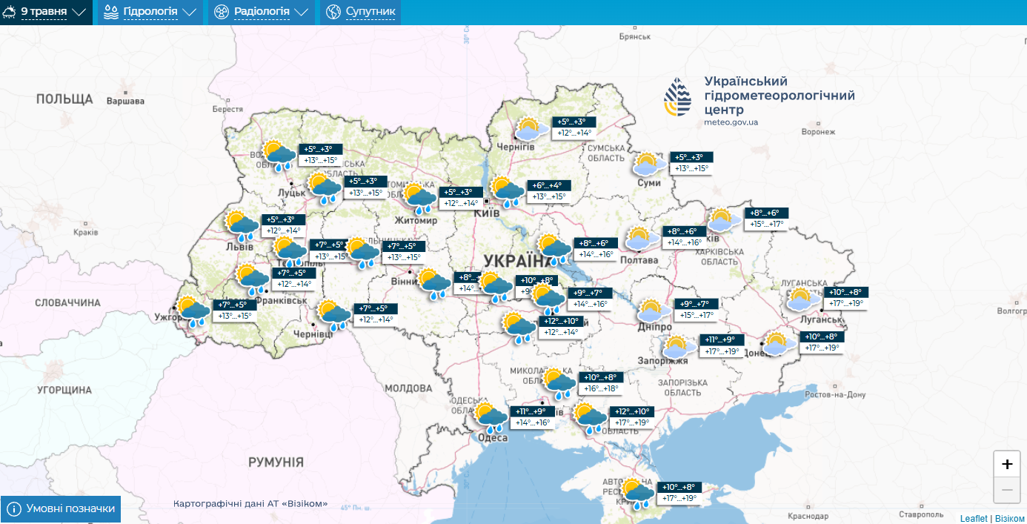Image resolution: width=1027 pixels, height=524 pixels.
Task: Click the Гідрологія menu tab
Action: pyautogui.click(x=150, y=12)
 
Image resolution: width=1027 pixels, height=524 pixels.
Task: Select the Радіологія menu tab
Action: pyautogui.click(x=261, y=12)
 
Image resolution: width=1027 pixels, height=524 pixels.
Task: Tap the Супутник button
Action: pyautogui.click(x=361, y=12)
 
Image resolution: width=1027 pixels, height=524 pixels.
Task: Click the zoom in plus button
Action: pyautogui.click(x=1006, y=465)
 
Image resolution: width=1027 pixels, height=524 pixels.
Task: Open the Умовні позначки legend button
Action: pyautogui.click(x=61, y=509)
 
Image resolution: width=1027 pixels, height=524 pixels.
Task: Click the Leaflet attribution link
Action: pyautogui.click(x=973, y=518)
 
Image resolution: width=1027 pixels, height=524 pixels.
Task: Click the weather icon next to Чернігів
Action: pyautogui.click(x=531, y=130)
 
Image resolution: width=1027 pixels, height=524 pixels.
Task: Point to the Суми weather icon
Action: pyautogui.click(x=650, y=165)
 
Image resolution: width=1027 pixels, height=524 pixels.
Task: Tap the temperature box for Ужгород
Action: pyautogui.click(x=233, y=310)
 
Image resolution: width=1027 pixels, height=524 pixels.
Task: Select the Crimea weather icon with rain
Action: pyautogui.click(x=637, y=492)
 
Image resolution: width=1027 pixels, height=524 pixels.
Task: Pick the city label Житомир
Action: pyautogui.click(x=417, y=220)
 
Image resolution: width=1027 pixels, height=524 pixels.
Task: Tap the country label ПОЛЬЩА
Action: pyautogui.click(x=64, y=99)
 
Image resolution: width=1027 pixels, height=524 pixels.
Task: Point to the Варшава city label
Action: pyautogui.click(x=125, y=101)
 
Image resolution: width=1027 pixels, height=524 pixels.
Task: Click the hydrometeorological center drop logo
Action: pyautogui.click(x=679, y=97)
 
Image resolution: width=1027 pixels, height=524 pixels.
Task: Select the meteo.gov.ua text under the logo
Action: pyautogui.click(x=731, y=122)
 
